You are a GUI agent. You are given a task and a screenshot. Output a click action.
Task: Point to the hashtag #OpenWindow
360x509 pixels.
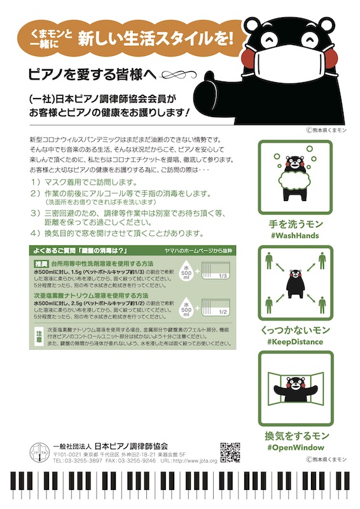click(296, 447)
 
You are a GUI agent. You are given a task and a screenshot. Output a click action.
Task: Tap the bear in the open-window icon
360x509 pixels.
click(294, 387)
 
